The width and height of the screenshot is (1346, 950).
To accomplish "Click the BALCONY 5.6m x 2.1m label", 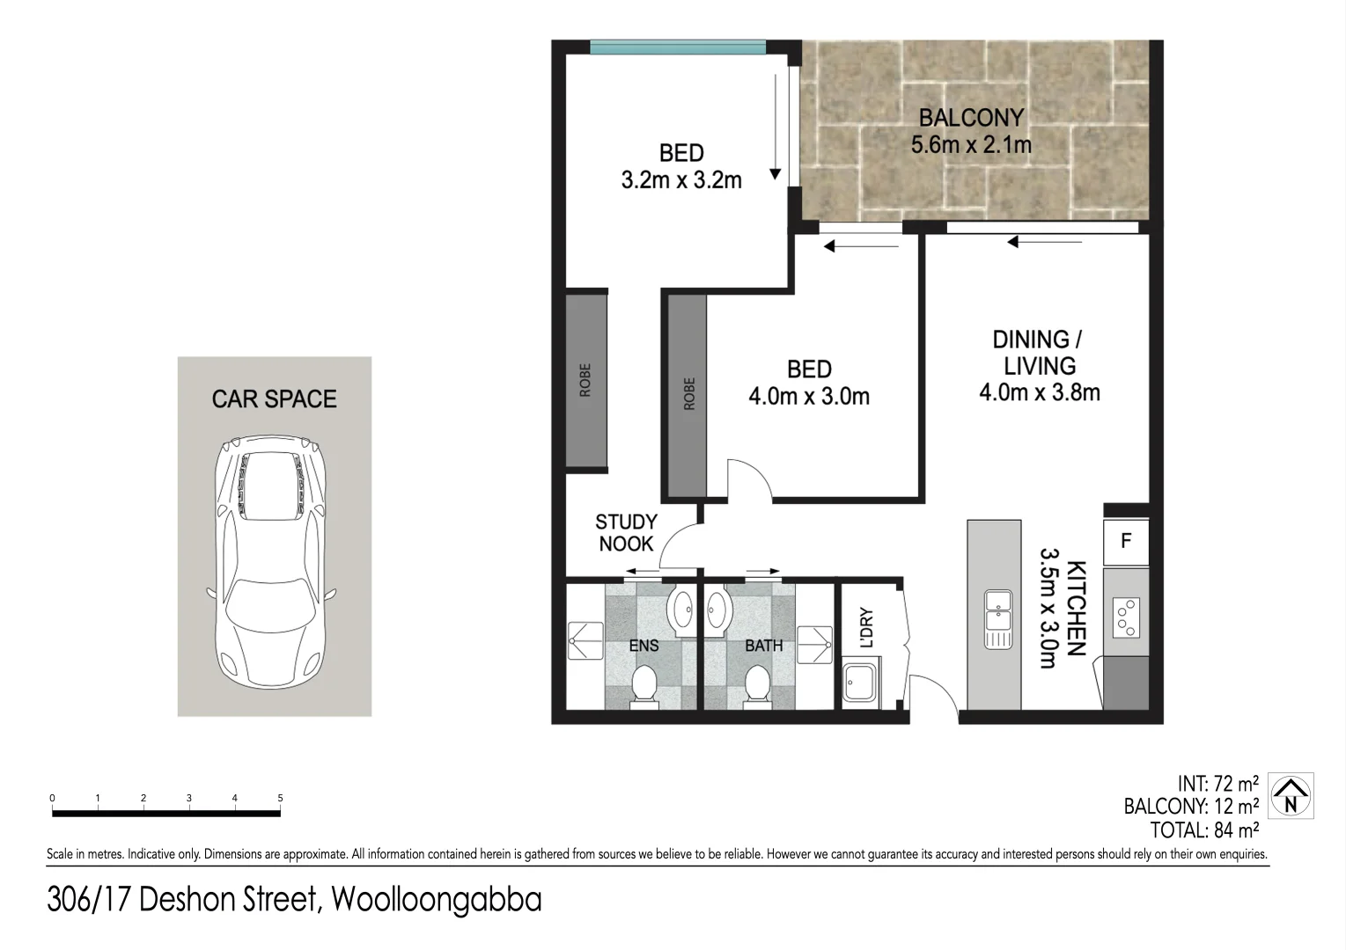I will (971, 131).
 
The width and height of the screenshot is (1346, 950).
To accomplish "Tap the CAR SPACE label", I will (274, 399).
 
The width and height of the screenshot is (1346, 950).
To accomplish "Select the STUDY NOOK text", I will (626, 533).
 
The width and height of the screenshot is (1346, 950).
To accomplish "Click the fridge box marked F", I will (1126, 541).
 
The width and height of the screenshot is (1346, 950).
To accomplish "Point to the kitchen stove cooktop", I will (1126, 616).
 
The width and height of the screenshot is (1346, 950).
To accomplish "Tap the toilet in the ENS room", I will (644, 684).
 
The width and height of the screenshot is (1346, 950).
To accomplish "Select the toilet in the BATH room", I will (756, 684).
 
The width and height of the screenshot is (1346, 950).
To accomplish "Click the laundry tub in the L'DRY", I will (859, 683).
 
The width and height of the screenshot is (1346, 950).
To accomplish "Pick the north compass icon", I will (1291, 795).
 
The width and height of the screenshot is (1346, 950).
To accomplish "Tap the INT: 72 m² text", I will (1217, 783).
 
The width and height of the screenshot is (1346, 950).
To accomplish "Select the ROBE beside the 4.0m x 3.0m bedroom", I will (688, 394).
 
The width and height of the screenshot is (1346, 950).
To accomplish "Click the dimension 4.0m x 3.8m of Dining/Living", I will (1039, 392).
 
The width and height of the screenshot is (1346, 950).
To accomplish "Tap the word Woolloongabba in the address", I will (436, 900).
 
